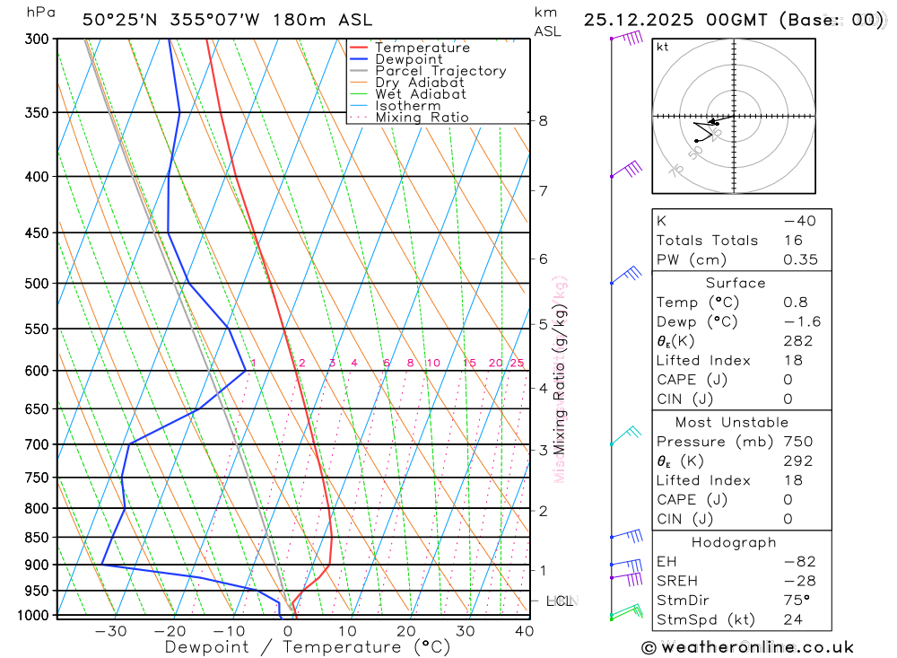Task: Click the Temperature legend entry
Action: [x=422, y=48]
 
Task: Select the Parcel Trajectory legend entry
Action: [x=440, y=71]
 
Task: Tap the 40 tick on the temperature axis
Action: [x=524, y=631]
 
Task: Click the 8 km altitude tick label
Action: [x=544, y=121]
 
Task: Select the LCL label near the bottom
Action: [x=560, y=601]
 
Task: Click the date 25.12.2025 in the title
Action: [x=638, y=20]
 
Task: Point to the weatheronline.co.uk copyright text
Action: [x=747, y=647]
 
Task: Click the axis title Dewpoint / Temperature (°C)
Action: [x=307, y=647]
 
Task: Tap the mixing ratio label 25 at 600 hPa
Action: [x=517, y=363]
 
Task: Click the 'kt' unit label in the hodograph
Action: [x=662, y=47]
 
